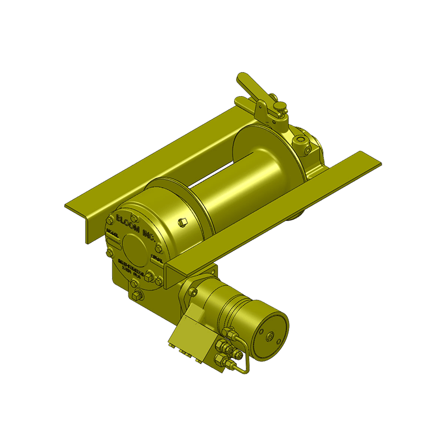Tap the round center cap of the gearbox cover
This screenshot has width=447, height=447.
tap(132, 245)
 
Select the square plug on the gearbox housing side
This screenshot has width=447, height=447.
tap(181, 222)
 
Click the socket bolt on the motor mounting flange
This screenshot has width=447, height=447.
tap(193, 291)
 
